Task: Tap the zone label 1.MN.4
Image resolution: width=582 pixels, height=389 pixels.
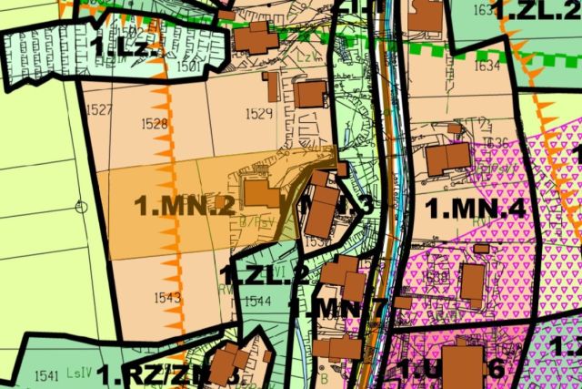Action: pos(476,209)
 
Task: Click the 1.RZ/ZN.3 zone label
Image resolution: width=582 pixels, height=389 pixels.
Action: pos(168,374)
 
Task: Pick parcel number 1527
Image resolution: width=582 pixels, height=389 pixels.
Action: pos(101,110)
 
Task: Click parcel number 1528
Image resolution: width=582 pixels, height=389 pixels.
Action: pos(156,122)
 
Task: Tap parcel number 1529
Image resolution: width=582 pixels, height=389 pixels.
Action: pos(259,113)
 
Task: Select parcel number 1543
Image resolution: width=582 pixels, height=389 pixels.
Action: pos(167,297)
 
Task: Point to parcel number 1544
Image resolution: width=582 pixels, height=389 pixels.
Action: pos(258,301)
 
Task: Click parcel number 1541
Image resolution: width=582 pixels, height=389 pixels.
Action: pos(45,374)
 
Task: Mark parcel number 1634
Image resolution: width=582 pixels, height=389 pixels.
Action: pos(487,66)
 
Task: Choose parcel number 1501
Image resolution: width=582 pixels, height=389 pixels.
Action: pos(189,67)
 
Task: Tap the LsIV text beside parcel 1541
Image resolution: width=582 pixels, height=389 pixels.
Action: pos(79,374)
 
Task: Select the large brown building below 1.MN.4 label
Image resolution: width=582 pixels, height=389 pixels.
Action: pos(473,282)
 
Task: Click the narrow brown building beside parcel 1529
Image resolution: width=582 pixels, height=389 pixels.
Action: pos(271,87)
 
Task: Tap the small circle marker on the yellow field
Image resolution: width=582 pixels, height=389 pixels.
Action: pos(81,207)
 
